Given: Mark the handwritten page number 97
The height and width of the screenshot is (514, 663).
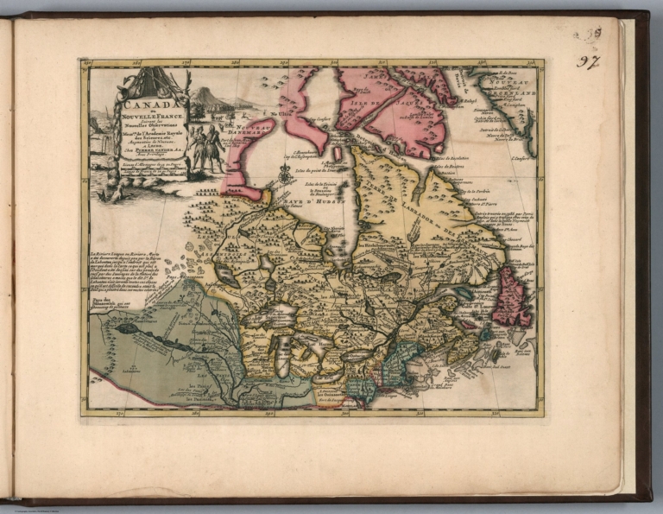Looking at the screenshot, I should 588,62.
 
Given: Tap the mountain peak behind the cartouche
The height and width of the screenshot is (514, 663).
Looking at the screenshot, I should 205,92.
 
